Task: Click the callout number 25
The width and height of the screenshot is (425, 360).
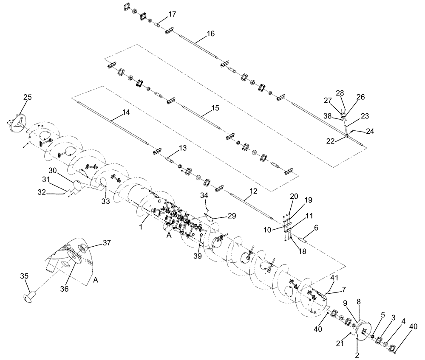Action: coord(27,98)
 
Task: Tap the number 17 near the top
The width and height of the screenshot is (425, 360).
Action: coord(172,14)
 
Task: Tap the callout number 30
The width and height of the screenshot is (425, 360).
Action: coord(52,170)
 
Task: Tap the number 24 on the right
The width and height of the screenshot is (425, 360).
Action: coord(370,131)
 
